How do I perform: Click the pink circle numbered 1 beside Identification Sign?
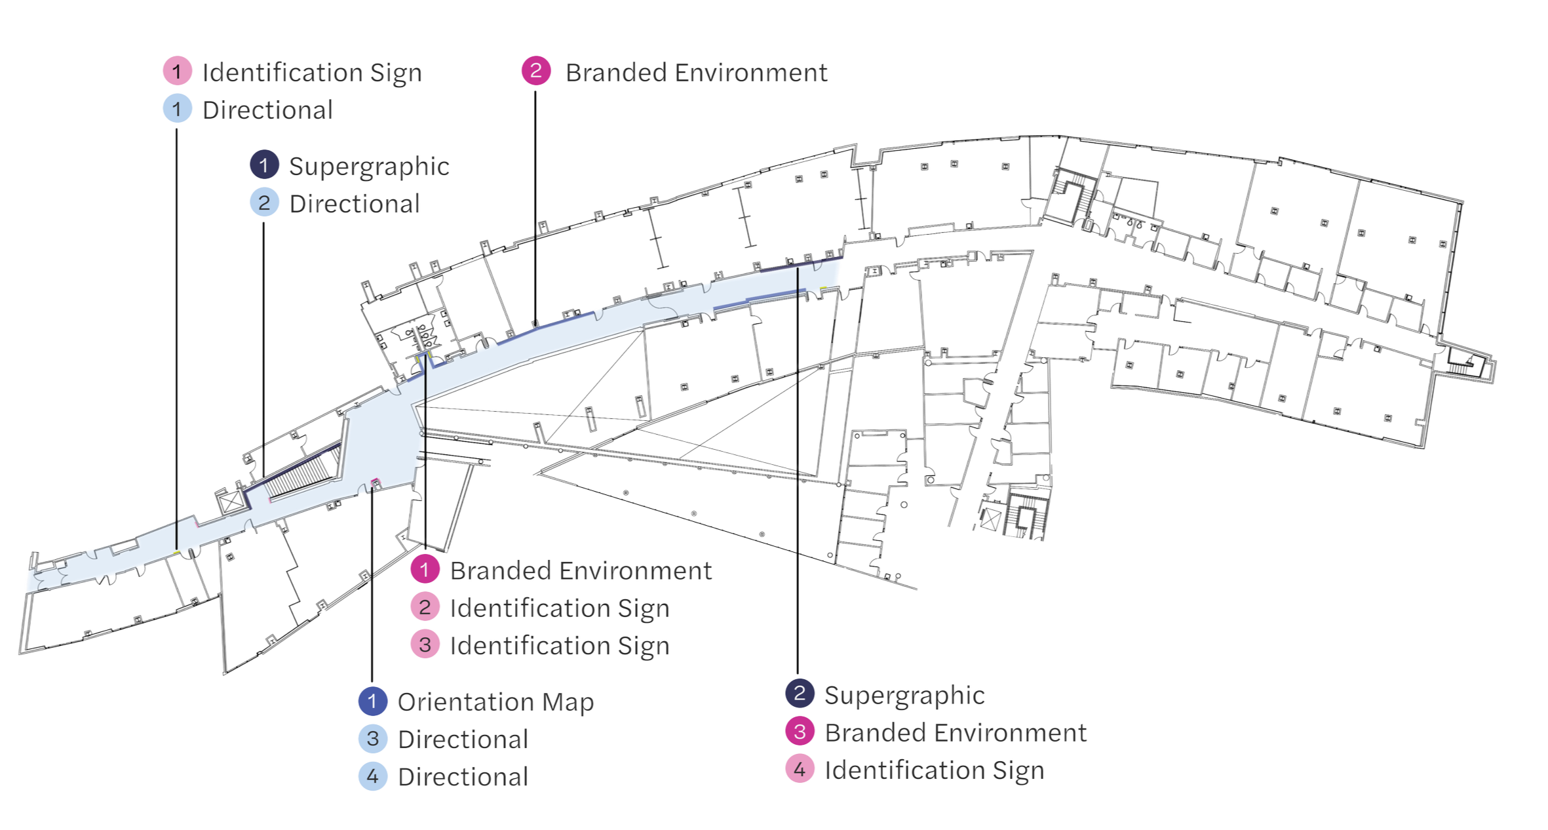click(x=178, y=71)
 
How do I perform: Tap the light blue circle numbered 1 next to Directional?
click(x=178, y=109)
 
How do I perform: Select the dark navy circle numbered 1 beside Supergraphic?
click(x=264, y=166)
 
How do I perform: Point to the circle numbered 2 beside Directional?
click(x=264, y=203)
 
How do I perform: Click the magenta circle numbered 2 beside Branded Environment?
click(x=535, y=71)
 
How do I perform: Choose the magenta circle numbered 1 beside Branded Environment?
click(x=425, y=570)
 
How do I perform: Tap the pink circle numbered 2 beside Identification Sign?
click(x=425, y=608)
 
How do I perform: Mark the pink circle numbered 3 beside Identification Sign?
click(x=425, y=645)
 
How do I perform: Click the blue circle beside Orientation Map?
click(x=373, y=702)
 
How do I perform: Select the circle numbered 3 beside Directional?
click(x=373, y=740)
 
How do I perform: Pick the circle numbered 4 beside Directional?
click(x=373, y=777)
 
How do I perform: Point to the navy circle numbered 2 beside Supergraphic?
click(x=799, y=694)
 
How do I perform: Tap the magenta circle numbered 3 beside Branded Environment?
click(x=799, y=732)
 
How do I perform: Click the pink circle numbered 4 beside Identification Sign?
click(x=799, y=770)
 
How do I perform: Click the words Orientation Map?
click(x=496, y=702)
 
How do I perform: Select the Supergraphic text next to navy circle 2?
click(x=904, y=695)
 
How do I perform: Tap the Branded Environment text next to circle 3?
click(x=956, y=732)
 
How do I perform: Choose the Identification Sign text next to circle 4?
click(x=934, y=770)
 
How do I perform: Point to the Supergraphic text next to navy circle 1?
click(x=369, y=166)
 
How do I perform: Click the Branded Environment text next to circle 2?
click(x=695, y=72)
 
